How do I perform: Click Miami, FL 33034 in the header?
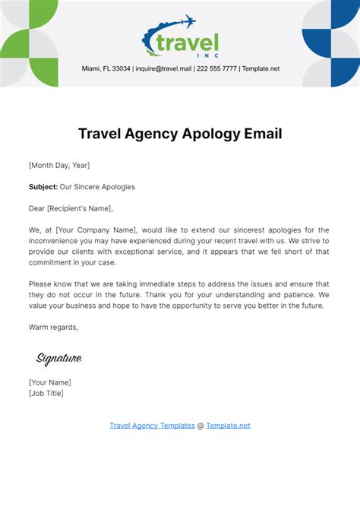[x=106, y=68]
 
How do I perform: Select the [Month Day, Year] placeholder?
[x=59, y=165]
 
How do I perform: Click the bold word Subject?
[x=43, y=186]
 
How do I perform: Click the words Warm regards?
[x=53, y=328]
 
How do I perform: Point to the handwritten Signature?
[x=59, y=359]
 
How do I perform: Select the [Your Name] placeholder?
[x=49, y=382]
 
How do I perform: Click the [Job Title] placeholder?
[x=46, y=393]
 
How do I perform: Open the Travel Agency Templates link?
[x=152, y=426]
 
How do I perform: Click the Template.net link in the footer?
[x=228, y=426]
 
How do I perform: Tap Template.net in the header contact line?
[x=261, y=68]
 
